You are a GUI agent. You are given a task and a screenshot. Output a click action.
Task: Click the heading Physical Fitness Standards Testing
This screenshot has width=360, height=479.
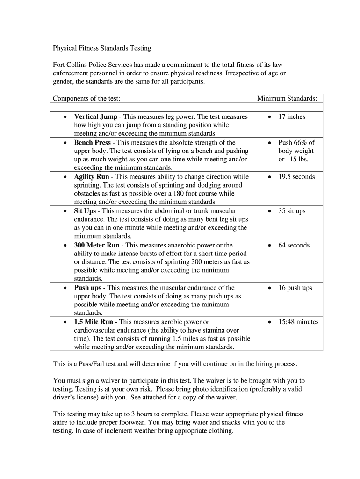pyautogui.click(x=102, y=48)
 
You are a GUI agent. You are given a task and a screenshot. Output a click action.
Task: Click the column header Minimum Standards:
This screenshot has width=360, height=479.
pyautogui.click(x=287, y=99)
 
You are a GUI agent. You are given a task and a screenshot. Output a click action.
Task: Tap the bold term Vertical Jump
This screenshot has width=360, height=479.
pyautogui.click(x=95, y=116)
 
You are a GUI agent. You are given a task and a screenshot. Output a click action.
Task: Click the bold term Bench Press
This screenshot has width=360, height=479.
pyautogui.click(x=92, y=142)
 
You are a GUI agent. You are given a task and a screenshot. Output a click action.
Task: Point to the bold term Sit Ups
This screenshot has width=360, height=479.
pyautogui.click(x=85, y=211)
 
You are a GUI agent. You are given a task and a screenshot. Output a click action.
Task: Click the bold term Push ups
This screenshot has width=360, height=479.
pyautogui.click(x=87, y=288)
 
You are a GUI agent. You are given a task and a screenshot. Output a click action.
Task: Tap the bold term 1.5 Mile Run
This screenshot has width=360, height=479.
pyautogui.click(x=94, y=322)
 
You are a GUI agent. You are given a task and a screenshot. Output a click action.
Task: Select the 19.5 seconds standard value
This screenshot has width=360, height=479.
pyautogui.click(x=296, y=177)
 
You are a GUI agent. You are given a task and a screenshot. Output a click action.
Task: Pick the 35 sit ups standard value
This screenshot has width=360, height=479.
pyautogui.click(x=292, y=211)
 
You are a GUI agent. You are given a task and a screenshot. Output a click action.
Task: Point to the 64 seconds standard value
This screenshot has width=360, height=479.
pyautogui.click(x=294, y=245)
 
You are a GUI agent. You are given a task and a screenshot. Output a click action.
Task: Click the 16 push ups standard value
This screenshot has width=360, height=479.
pyautogui.click(x=295, y=288)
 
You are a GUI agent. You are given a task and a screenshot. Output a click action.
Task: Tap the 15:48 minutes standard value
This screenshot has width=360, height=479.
pyautogui.click(x=298, y=322)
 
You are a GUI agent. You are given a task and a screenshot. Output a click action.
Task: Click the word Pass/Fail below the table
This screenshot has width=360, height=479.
pyautogui.click(x=94, y=364)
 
